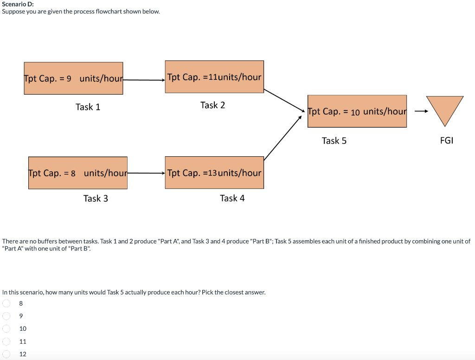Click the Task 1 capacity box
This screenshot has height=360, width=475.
tap(73, 78)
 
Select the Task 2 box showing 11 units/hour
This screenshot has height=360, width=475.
tap(214, 77)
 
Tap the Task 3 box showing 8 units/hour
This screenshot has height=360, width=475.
tap(78, 173)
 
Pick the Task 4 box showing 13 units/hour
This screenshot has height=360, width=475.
tap(214, 173)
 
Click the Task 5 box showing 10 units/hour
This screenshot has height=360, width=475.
tap(357, 111)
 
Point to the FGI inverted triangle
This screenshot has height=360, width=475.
tap(444, 109)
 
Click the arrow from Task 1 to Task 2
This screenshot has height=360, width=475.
tap(144, 80)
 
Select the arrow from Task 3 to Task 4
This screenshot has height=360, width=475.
tap(146, 173)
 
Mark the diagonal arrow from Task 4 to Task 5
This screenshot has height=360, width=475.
tap(283, 138)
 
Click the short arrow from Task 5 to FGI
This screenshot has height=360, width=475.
tap(421, 111)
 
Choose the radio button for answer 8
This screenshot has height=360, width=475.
tap(6, 303)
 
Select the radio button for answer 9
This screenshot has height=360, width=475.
tap(6, 316)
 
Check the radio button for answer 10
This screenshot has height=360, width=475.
tap(6, 328)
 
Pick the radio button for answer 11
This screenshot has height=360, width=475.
tap(6, 341)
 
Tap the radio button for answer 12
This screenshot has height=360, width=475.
tap(6, 354)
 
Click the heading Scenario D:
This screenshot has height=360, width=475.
tap(14, 4)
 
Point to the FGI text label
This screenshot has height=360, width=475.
tap(446, 141)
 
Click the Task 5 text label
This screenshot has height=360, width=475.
tap(334, 141)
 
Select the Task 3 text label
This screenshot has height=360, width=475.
tap(96, 199)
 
